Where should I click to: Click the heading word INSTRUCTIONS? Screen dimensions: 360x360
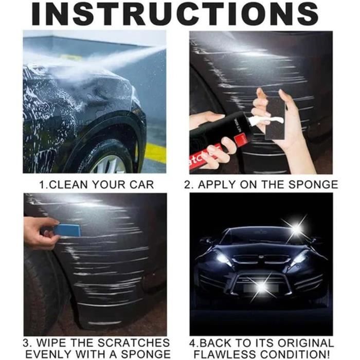tap(175, 13)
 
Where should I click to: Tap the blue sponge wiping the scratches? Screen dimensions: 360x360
tap(68, 230)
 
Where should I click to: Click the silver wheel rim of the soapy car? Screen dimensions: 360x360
tap(110, 165)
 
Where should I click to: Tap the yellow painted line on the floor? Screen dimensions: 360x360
tap(155, 153)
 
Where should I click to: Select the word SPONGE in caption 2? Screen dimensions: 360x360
tap(313, 185)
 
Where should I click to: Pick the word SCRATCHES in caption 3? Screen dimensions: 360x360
tap(134, 343)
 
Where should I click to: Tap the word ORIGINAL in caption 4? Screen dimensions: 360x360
tap(306, 343)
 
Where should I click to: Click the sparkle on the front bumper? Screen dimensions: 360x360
tap(261, 286)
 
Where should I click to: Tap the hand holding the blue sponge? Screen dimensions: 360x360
tap(41, 232)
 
